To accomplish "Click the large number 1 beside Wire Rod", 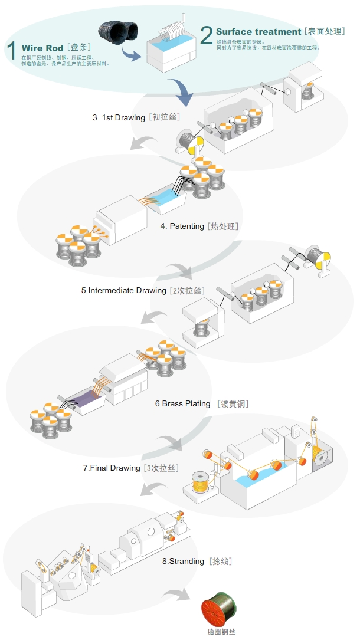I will pos(12,50).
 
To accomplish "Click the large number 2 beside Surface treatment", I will pos(206,35).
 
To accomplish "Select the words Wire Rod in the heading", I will pos(42,48).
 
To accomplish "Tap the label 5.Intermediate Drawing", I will pos(124,291).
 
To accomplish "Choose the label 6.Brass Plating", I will pos(182,404).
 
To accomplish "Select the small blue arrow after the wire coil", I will pos(131,56).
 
